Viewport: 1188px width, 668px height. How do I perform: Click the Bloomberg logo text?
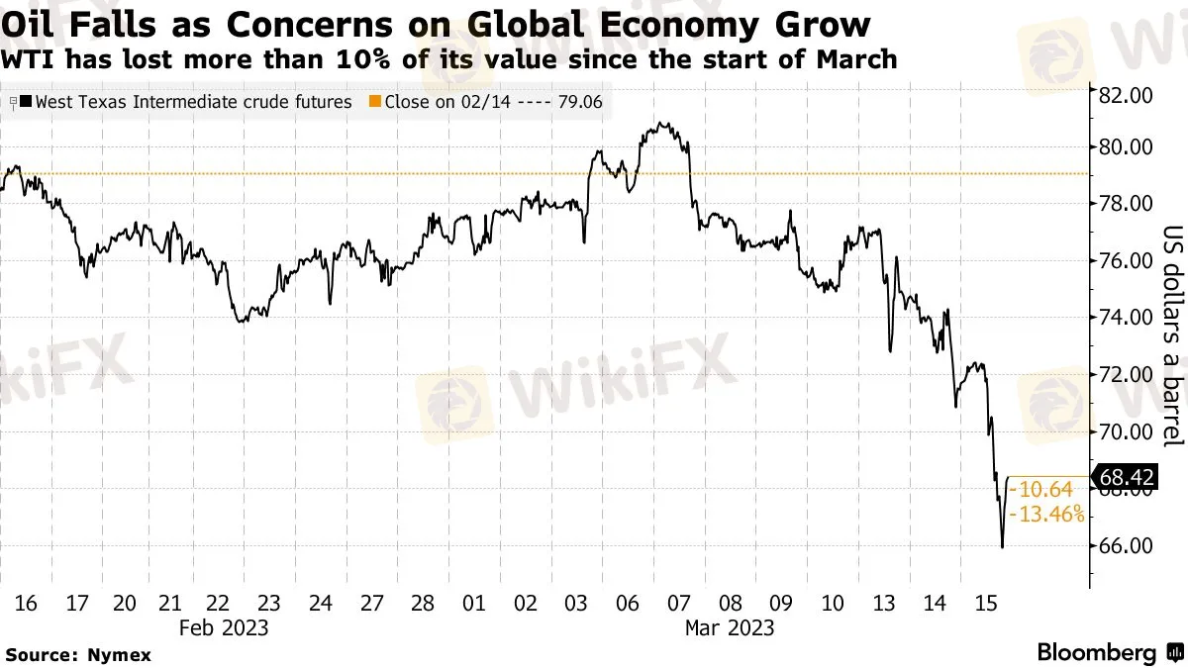(1096, 652)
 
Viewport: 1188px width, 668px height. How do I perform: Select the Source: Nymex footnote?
(79, 654)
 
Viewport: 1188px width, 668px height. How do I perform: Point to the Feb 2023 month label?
(224, 627)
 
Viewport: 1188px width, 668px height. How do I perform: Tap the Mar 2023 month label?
(730, 627)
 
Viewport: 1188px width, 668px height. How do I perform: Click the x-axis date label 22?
(220, 604)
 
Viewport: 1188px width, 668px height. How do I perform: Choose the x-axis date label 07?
(679, 604)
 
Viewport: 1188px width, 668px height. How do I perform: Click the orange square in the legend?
(373, 101)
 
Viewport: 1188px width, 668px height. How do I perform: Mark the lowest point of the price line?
(1002, 547)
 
